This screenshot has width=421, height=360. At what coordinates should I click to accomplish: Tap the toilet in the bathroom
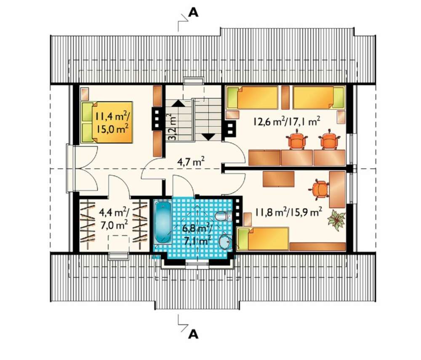click(223, 216)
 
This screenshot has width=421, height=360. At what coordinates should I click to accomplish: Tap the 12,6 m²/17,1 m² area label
click(286, 122)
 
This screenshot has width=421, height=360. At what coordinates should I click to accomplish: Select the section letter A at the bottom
click(193, 334)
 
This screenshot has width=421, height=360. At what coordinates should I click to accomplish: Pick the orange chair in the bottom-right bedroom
click(319, 189)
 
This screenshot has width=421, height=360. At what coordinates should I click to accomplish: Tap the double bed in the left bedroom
click(107, 122)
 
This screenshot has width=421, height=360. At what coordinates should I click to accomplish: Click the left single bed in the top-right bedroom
click(252, 98)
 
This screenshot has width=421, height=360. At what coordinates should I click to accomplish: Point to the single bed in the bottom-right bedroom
click(263, 238)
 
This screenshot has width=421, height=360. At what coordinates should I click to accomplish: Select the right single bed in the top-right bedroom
click(319, 98)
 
